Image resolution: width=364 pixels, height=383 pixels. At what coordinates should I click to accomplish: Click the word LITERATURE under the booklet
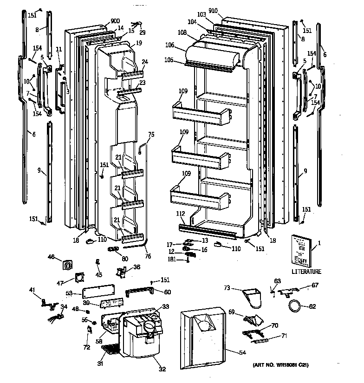pos(306,272)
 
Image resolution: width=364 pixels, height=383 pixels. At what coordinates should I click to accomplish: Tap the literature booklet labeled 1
pos(301,250)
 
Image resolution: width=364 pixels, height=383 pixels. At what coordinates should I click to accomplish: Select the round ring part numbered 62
pos(293,306)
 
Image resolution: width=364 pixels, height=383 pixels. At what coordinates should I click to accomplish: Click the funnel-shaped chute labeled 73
pos(253,297)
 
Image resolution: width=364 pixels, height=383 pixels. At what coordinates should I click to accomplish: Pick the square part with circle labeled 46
pos(68,265)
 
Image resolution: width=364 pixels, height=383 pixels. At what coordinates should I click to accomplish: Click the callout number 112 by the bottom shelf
pos(181,214)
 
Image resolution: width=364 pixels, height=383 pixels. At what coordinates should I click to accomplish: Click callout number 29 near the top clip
pos(143,32)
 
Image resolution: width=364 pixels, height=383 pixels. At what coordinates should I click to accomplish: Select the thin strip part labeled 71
pos(260,341)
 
